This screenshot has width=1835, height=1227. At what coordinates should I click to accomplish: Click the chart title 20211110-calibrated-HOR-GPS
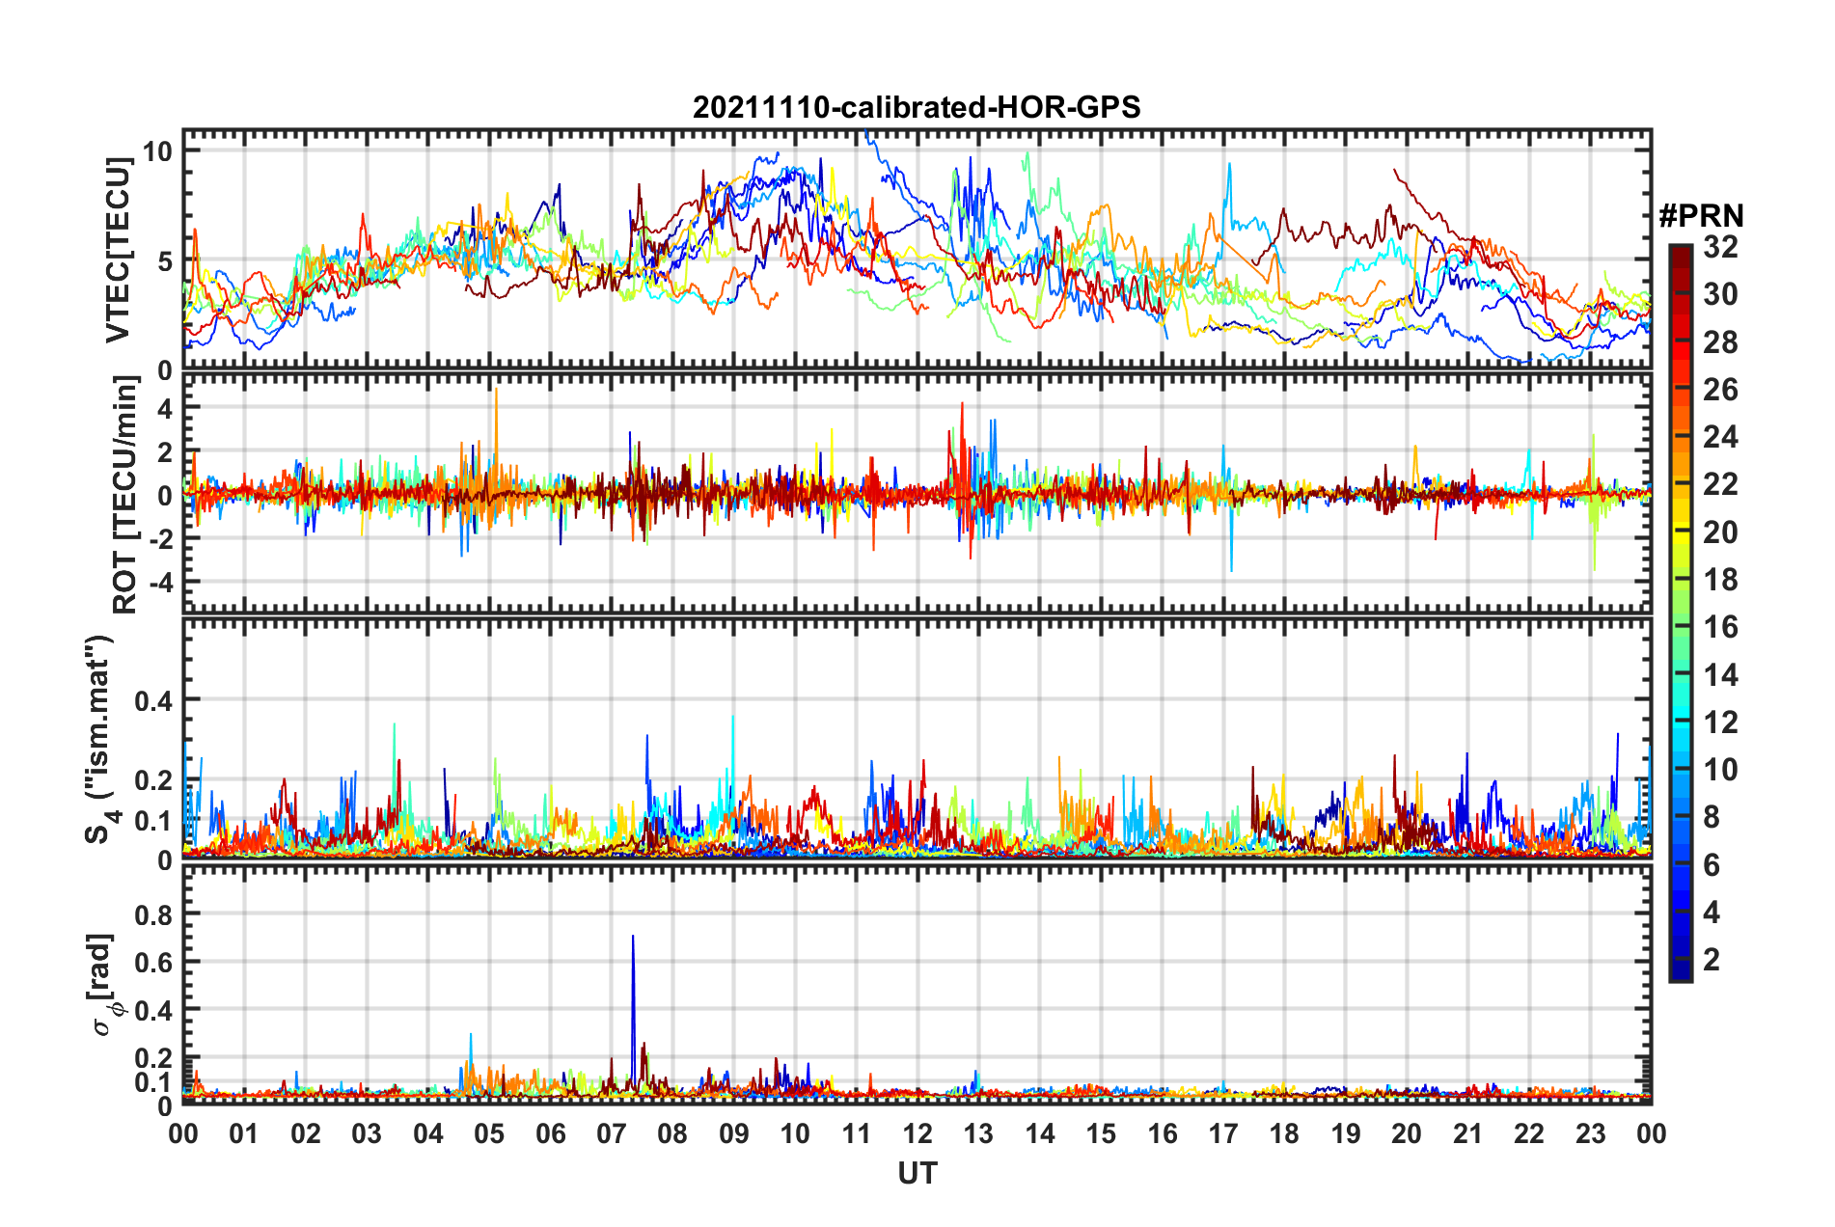point(917,107)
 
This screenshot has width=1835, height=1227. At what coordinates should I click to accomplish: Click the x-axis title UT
point(917,1173)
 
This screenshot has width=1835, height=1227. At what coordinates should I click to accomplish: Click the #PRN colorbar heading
point(1701,215)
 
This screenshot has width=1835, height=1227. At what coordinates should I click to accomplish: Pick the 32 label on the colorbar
point(1720,247)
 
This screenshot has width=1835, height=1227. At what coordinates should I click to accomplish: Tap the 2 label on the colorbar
point(1712,960)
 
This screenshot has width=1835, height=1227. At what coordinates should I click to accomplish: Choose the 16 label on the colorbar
point(1720,627)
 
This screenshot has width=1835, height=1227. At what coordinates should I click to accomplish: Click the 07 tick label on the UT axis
point(611,1133)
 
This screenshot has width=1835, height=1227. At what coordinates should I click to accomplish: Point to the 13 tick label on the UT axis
point(978,1133)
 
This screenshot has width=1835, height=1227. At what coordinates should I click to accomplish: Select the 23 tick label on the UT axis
point(1590,1133)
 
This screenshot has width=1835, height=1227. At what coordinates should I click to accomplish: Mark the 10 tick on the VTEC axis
point(157,151)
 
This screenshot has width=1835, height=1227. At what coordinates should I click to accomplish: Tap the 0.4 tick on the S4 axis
point(153,700)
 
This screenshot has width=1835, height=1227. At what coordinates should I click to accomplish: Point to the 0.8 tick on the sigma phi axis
point(153,913)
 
